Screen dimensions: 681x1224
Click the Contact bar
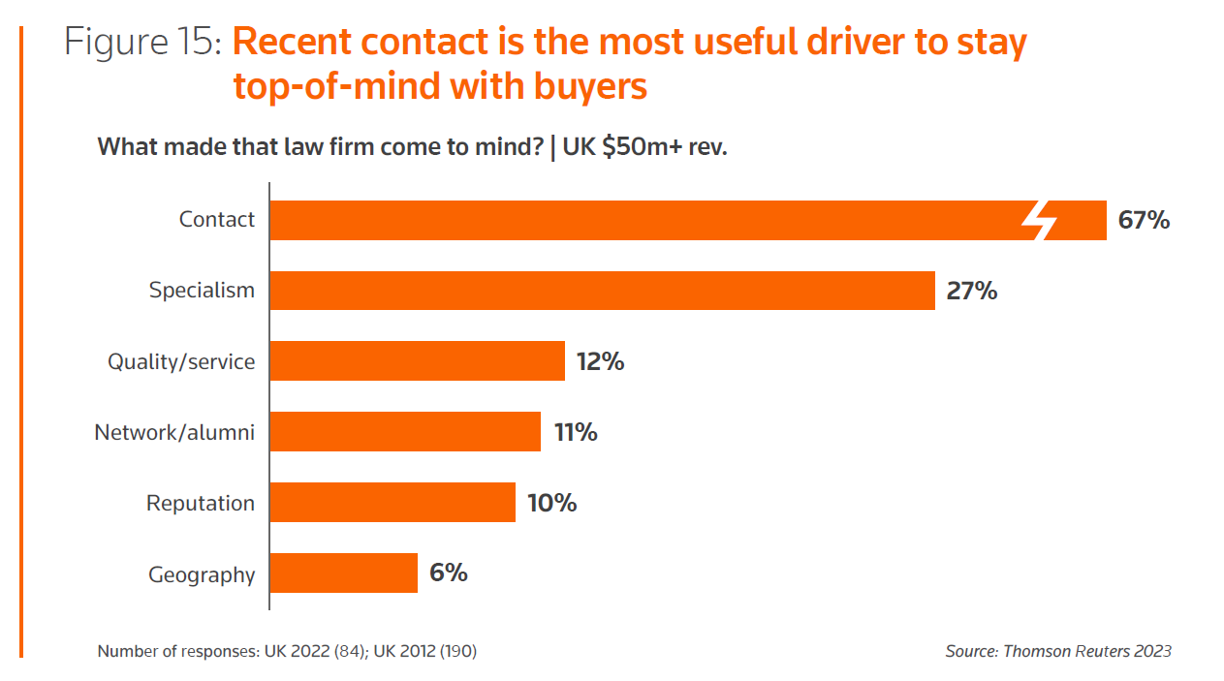(x=640, y=220)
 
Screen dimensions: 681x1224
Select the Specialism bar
(x=602, y=291)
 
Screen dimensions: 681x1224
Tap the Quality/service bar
(x=417, y=361)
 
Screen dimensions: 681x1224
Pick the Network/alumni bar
(x=405, y=432)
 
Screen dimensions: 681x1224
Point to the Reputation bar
(x=392, y=503)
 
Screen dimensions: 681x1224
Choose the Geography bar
(x=343, y=573)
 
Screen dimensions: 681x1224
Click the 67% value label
(x=1144, y=220)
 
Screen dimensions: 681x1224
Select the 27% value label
(x=972, y=291)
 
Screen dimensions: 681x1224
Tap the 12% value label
(x=600, y=361)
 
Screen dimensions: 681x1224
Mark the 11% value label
(x=576, y=432)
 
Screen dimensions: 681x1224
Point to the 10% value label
(x=551, y=503)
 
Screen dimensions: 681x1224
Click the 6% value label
(x=449, y=573)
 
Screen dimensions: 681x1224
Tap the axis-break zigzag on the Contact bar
(x=1039, y=221)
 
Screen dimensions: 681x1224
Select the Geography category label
(x=202, y=574)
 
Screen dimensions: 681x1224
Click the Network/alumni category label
(x=174, y=432)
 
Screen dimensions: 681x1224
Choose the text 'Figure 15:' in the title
(x=144, y=43)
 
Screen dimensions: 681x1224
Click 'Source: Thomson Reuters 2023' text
(x=1058, y=651)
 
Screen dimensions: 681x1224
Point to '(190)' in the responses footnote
(x=458, y=651)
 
